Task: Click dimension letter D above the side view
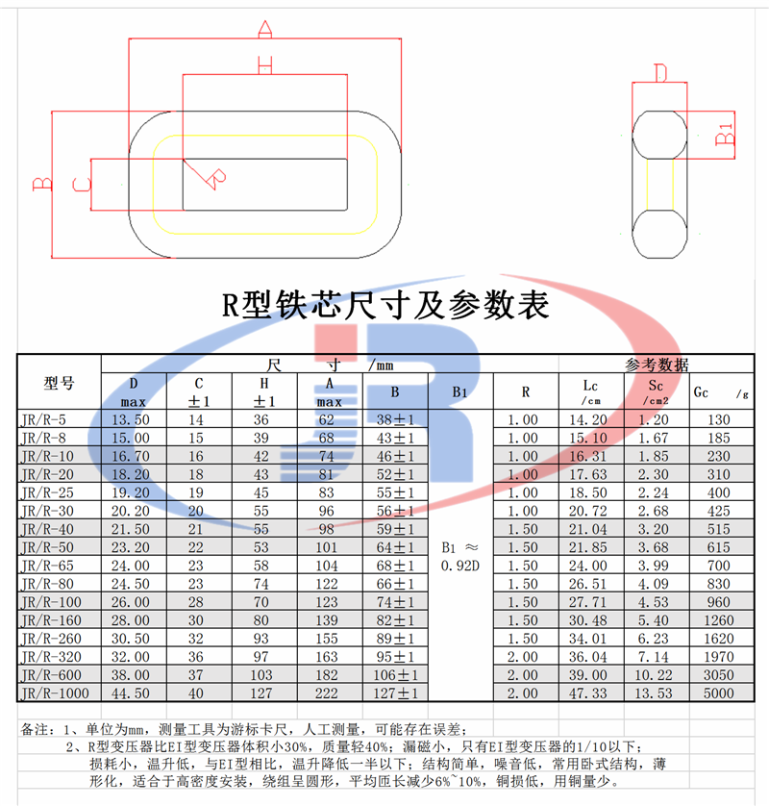[659, 73]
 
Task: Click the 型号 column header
[59, 383]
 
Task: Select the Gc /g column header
[719, 392]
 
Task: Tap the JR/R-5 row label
[43, 419]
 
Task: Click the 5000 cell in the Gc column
[718, 693]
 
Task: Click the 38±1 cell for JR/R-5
[394, 419]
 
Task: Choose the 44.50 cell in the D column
[134, 693]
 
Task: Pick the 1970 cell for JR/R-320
[718, 656]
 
